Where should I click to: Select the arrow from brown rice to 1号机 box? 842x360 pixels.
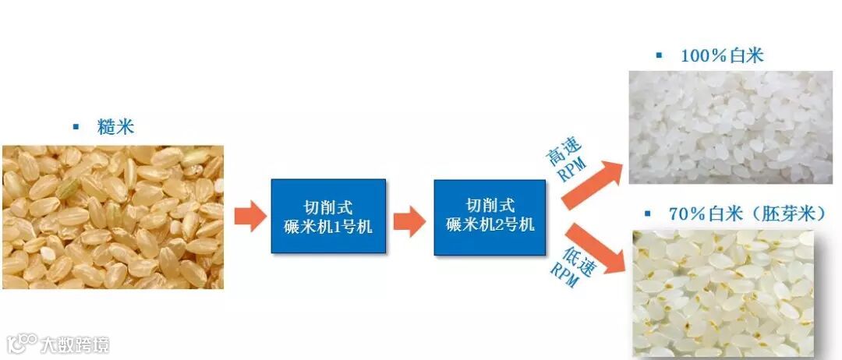[250, 216]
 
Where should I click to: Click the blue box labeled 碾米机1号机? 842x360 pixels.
[328, 216]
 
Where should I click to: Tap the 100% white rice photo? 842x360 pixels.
[731, 127]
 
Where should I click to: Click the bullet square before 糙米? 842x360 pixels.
[76, 126]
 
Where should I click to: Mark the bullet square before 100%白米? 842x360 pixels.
[659, 55]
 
